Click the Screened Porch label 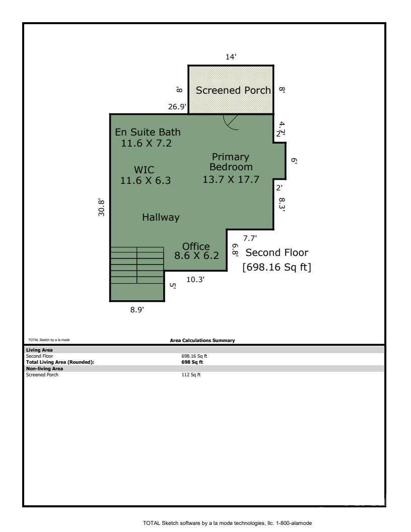tap(233, 91)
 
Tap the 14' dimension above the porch tap(231, 57)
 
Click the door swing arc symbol tap(232, 122)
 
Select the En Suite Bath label tap(148, 132)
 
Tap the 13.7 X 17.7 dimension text tap(231, 179)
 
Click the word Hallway tap(161, 218)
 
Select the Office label tap(196, 246)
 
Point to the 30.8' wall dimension tap(102, 207)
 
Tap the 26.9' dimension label tap(178, 107)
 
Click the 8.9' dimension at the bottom tap(137, 310)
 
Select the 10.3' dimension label tap(195, 280)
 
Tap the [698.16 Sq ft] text tap(277, 268)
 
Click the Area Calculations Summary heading tap(202, 341)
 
